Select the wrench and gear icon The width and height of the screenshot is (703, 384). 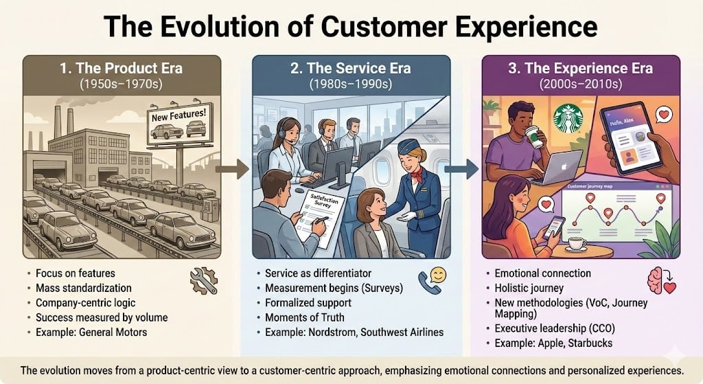(x=203, y=281)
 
